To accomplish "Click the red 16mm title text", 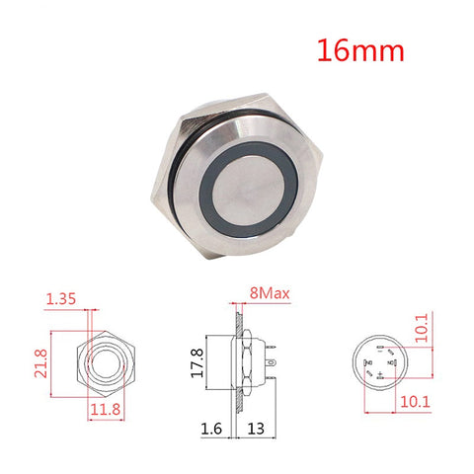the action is (360, 50).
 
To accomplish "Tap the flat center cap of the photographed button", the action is (249, 190).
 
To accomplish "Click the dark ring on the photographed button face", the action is (206, 191).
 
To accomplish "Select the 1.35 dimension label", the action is (61, 299).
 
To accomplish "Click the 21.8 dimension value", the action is (40, 363).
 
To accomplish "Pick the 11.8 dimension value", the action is (106, 409).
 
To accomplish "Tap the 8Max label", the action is (270, 292).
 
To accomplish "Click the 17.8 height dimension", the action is (197, 362).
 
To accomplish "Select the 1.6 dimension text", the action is (211, 429).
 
